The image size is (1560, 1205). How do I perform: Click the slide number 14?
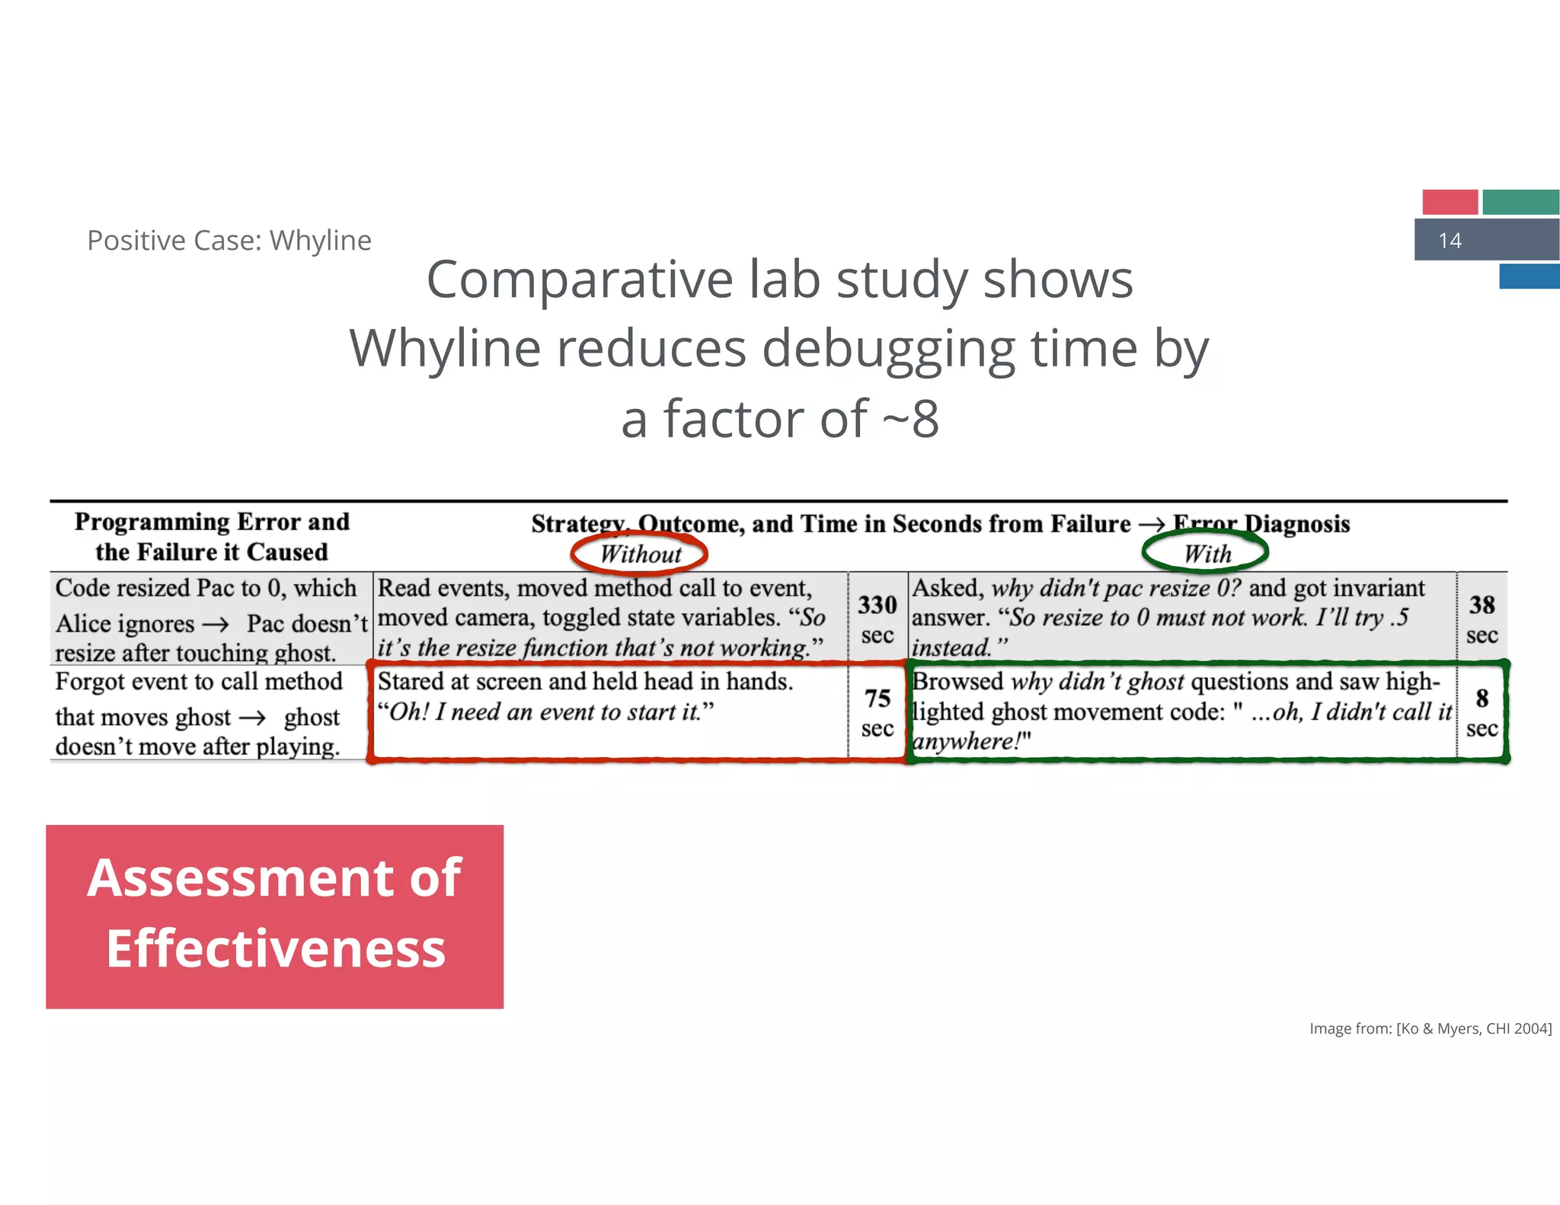click(x=1450, y=241)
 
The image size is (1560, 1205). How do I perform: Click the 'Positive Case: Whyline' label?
click(x=229, y=241)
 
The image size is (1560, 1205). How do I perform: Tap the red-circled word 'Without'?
click(x=640, y=554)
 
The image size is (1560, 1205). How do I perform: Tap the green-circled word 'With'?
click(x=1207, y=554)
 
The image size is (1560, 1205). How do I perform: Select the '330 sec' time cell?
click(x=877, y=618)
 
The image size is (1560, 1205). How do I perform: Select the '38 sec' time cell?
click(x=1482, y=618)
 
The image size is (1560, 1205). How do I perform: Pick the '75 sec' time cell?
click(x=877, y=712)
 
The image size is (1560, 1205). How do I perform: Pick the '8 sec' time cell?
click(x=1482, y=712)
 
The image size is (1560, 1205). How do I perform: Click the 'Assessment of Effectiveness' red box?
click(x=274, y=916)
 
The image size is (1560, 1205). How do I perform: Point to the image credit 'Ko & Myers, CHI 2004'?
click(x=1430, y=1028)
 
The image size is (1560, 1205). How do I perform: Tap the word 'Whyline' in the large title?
click(x=445, y=349)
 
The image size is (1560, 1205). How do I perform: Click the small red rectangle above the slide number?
click(x=1450, y=202)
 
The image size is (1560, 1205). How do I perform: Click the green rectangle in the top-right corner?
click(x=1520, y=202)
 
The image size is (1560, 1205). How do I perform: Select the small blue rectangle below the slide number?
click(x=1529, y=276)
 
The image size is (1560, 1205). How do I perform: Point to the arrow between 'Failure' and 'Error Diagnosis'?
click(x=1151, y=524)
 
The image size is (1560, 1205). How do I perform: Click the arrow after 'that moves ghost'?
click(x=252, y=718)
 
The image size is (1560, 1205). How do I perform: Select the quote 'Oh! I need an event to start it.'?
click(x=545, y=712)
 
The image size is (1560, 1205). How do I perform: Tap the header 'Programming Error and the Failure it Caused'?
click(x=212, y=536)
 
